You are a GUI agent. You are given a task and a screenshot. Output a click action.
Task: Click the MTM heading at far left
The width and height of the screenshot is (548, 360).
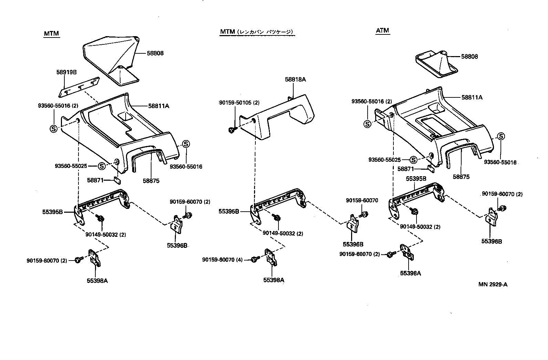[x=52, y=34]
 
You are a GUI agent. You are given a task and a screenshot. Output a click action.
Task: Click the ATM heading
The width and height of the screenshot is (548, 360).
[x=382, y=31]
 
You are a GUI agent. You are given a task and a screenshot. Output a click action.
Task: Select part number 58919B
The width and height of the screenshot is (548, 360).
[x=66, y=72]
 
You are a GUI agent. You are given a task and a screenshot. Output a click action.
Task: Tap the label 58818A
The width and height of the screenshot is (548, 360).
[x=295, y=80]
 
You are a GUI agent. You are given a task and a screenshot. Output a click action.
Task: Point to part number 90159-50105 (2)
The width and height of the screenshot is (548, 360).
[x=239, y=103]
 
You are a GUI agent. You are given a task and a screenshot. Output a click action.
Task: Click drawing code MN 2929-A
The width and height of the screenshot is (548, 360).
[x=493, y=285]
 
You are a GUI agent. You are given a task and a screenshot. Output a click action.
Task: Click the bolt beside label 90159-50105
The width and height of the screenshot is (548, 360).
[x=231, y=130]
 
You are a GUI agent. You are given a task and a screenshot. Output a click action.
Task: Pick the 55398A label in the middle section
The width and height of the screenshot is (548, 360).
[x=274, y=280]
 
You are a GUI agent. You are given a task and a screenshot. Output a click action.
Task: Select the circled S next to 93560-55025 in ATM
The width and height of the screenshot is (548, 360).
[x=413, y=160]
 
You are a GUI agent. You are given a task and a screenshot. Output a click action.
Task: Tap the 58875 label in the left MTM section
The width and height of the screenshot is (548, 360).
[x=152, y=181]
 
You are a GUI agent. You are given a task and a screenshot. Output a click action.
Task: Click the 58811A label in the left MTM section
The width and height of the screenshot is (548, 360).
[x=159, y=106]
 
